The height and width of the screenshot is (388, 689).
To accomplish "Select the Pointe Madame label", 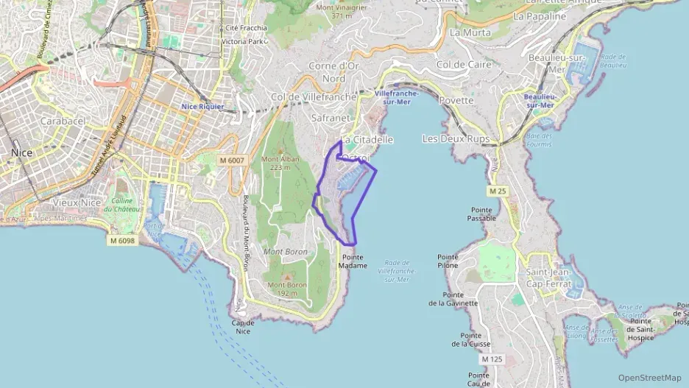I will (x=353, y=261).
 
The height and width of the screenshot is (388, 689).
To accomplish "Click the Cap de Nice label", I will (x=242, y=327).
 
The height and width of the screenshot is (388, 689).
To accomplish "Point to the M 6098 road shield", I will (x=122, y=241).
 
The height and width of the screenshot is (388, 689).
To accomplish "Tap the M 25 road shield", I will (x=498, y=191).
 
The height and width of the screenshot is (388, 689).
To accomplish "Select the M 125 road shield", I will (x=491, y=359).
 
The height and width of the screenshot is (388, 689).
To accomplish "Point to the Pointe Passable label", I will (x=483, y=214).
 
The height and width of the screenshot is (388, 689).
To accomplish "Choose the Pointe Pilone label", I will (x=448, y=261).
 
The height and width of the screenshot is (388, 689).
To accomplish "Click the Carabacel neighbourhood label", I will (x=63, y=121).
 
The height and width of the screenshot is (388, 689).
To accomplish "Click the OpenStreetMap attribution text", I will (x=649, y=378).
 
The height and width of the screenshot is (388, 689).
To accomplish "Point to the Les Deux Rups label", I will (x=456, y=138).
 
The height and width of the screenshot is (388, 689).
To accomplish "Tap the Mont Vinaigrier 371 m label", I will (x=341, y=11).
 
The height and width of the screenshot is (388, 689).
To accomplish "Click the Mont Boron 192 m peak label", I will (x=286, y=289).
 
